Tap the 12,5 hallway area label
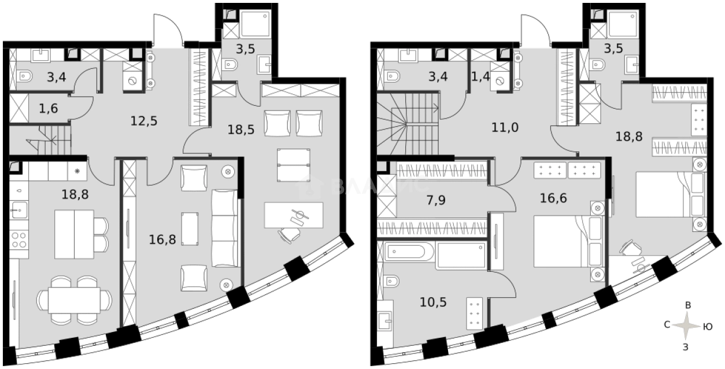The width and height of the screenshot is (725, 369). [143, 121]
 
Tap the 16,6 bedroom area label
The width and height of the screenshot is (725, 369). [553, 198]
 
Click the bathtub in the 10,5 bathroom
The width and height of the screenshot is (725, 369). [410, 252]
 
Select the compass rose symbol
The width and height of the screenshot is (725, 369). [687, 326]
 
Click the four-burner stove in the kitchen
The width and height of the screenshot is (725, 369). [19, 239]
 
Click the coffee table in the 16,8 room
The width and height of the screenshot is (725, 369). [190, 229]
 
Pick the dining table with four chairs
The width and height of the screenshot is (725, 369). [74, 300]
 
